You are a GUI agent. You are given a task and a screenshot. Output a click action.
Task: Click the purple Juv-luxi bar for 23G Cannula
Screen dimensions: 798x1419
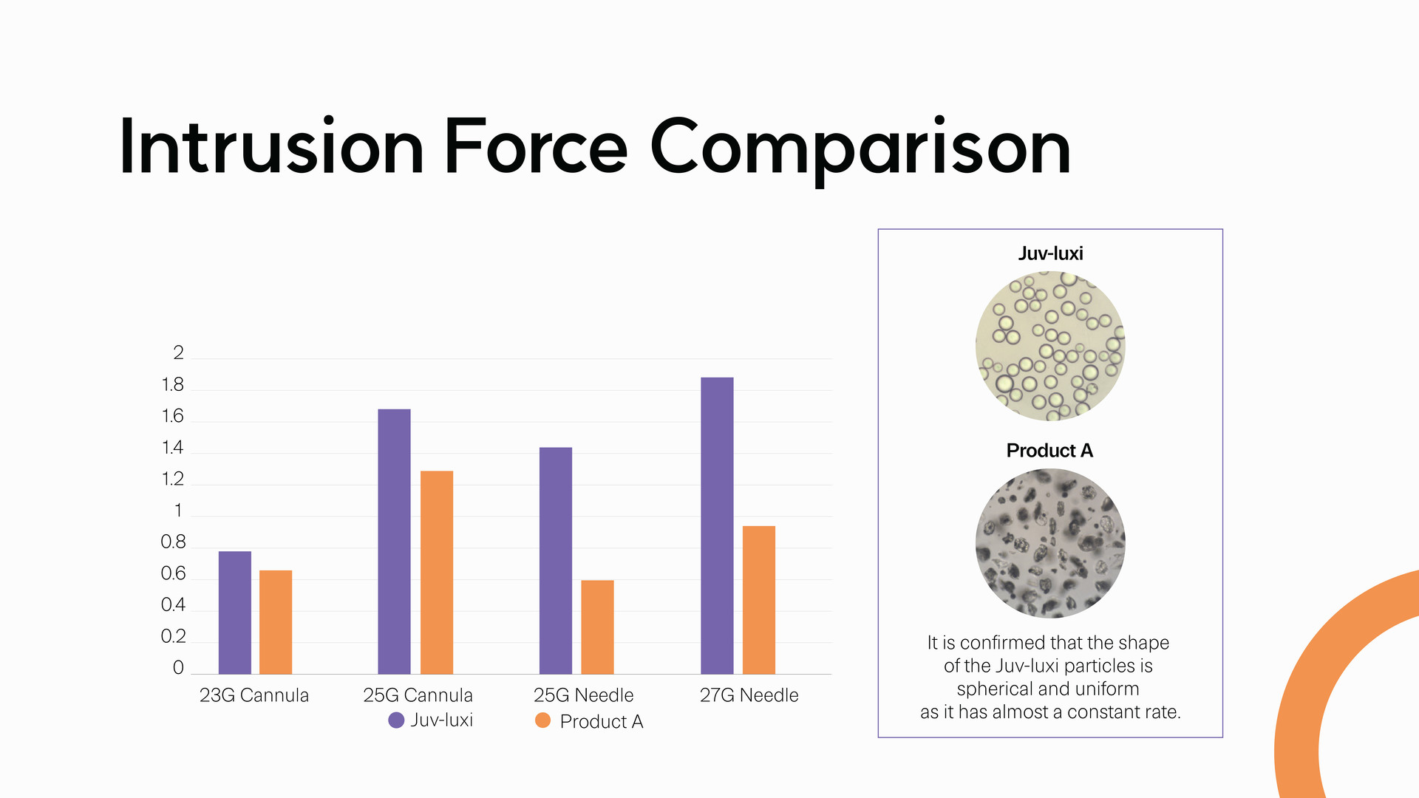tap(235, 613)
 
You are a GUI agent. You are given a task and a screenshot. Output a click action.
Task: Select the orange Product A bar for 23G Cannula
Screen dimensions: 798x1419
tap(276, 622)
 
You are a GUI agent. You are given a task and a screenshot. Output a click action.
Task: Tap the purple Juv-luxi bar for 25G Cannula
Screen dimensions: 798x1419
tap(394, 542)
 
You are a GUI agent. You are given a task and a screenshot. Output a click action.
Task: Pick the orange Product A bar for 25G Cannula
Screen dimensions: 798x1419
tap(437, 573)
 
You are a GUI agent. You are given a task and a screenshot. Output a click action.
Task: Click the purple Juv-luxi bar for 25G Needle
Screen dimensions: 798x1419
tap(556, 561)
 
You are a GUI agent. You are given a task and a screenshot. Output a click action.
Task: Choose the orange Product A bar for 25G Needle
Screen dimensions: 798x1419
tap(597, 627)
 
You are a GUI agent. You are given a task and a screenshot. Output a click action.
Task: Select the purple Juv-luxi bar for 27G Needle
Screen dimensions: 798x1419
tap(717, 525)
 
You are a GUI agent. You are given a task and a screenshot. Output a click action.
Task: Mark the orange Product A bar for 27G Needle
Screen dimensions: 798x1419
tap(759, 600)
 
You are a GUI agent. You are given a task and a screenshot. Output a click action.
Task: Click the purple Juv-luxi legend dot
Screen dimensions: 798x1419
tap(396, 720)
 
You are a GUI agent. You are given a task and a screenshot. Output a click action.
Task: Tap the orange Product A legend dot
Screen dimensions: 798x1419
tap(542, 720)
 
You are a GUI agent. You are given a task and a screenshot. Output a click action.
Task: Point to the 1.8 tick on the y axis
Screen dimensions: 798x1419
tap(172, 385)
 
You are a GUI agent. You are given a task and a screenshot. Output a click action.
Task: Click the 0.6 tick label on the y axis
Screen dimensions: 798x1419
tap(173, 574)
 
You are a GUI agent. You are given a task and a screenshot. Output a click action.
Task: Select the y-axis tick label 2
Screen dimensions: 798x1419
tap(178, 353)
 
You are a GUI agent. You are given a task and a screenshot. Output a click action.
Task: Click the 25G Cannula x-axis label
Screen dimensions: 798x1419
tap(418, 695)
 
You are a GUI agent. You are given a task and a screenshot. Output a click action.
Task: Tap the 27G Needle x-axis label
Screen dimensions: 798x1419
tap(749, 695)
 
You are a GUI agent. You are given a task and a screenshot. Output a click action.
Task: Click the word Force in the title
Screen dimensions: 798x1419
tap(536, 147)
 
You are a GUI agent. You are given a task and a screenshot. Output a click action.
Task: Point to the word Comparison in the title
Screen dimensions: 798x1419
tap(860, 147)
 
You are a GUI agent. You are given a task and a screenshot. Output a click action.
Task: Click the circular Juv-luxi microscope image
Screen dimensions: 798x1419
tap(1050, 346)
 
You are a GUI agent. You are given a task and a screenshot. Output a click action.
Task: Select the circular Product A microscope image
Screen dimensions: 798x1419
tap(1050, 543)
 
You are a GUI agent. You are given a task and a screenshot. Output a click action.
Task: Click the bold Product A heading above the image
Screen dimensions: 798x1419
tap(1049, 451)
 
